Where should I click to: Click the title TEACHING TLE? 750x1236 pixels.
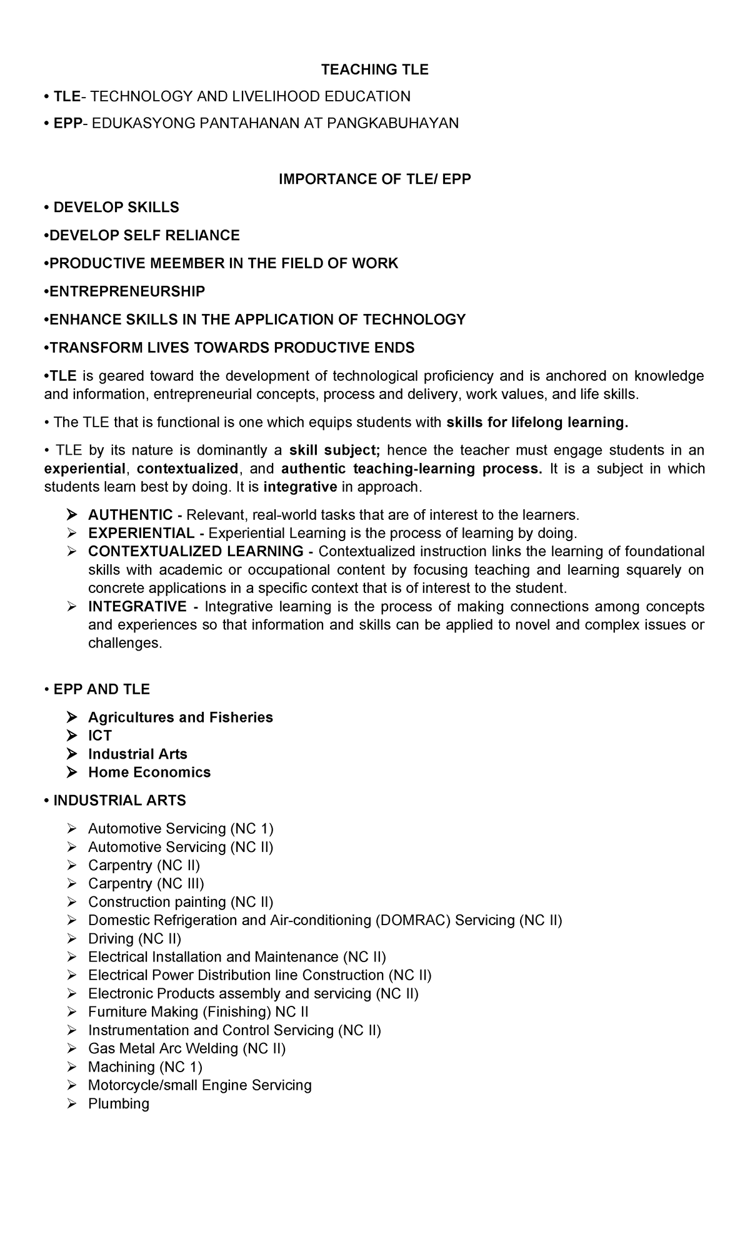(x=374, y=70)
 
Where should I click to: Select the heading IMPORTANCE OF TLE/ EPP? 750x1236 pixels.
(x=374, y=180)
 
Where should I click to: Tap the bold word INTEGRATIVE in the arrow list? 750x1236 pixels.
(x=137, y=607)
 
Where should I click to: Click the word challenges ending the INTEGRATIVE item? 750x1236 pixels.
(x=124, y=644)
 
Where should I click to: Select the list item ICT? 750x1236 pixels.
(x=99, y=736)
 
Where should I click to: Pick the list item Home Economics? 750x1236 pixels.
(x=149, y=772)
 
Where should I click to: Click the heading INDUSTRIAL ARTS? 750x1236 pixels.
(x=119, y=801)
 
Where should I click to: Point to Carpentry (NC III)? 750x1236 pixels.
(x=146, y=883)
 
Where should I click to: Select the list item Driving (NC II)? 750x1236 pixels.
(x=134, y=938)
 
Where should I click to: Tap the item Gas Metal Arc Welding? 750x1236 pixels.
(x=186, y=1048)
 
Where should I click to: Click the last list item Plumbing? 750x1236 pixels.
(x=119, y=1103)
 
